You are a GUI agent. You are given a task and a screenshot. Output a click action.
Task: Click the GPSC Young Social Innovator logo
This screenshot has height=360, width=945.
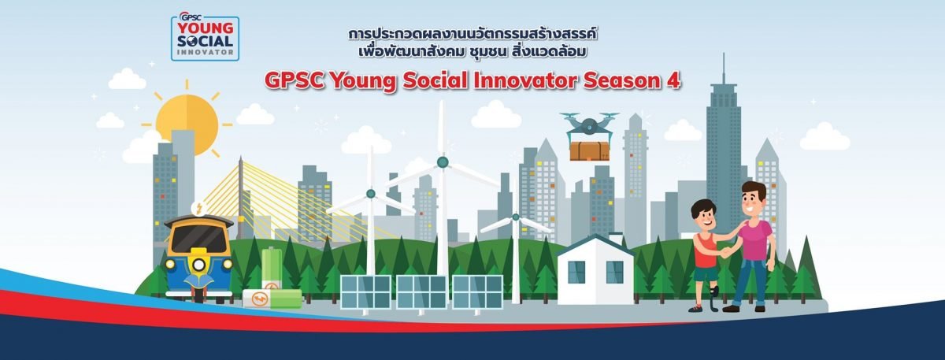click(x=205, y=37)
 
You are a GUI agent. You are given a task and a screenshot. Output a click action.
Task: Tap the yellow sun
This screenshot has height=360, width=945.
click(x=187, y=121)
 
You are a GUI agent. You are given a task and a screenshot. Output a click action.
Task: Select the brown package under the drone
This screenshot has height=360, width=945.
click(x=589, y=151)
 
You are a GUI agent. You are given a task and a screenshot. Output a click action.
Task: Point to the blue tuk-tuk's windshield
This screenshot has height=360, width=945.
click(x=199, y=239)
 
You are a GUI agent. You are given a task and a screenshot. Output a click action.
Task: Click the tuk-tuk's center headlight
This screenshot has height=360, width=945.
click(x=198, y=265)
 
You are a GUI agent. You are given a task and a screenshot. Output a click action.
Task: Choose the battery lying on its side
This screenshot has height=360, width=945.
click(x=272, y=299)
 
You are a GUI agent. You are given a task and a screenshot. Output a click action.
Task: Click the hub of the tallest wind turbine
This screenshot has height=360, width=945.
click(x=443, y=161)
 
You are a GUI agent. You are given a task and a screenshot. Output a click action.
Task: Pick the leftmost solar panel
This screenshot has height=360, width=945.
click(x=365, y=292)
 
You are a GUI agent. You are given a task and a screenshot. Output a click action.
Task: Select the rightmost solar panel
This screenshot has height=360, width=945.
click(x=477, y=292)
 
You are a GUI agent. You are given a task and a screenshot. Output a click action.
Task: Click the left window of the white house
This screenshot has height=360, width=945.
click(x=576, y=272)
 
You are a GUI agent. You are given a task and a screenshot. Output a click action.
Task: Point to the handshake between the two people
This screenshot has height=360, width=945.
click(x=725, y=253)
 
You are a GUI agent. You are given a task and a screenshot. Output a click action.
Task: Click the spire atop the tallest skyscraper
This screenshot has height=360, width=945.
click(x=724, y=69)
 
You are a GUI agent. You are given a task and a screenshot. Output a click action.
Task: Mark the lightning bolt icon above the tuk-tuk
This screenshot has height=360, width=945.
click(x=198, y=208)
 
